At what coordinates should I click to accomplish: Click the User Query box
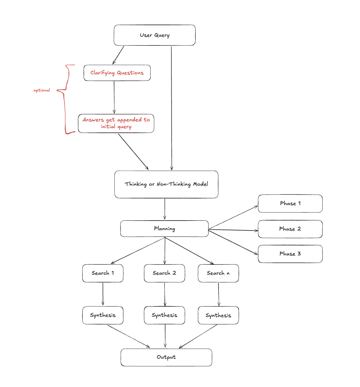pyautogui.click(x=154, y=35)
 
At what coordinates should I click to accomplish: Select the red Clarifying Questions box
pyautogui.click(x=117, y=73)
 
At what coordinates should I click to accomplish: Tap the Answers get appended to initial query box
pyautogui.click(x=116, y=123)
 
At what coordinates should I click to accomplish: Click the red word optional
pyautogui.click(x=42, y=90)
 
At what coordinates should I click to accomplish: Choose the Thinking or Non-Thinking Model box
pyautogui.click(x=166, y=184)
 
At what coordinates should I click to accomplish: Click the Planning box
pyautogui.click(x=164, y=229)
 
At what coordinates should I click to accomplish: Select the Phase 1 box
pyautogui.click(x=290, y=203)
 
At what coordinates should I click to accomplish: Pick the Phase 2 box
pyautogui.click(x=290, y=229)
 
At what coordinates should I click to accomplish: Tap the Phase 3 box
pyautogui.click(x=290, y=254)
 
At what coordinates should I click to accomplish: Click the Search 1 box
pyautogui.click(x=103, y=273)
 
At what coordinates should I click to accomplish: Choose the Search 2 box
pyautogui.click(x=164, y=273)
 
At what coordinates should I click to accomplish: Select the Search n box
pyautogui.click(x=218, y=273)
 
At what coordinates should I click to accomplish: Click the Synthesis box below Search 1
pyautogui.click(x=103, y=315)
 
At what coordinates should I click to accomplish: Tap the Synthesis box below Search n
pyautogui.click(x=218, y=315)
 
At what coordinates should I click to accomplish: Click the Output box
pyautogui.click(x=166, y=357)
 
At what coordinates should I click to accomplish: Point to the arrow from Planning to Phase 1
pyautogui.click(x=233, y=217)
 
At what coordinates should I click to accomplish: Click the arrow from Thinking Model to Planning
pyautogui.click(x=165, y=209)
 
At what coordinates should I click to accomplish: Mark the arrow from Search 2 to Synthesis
pyautogui.click(x=165, y=294)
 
